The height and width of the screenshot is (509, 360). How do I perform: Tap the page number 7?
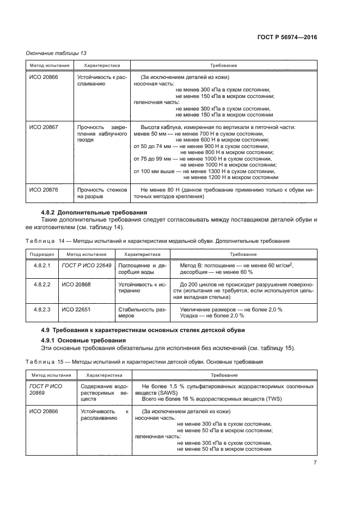(x=315, y=463)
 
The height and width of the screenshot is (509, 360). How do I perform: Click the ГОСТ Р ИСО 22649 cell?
(x=86, y=265)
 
